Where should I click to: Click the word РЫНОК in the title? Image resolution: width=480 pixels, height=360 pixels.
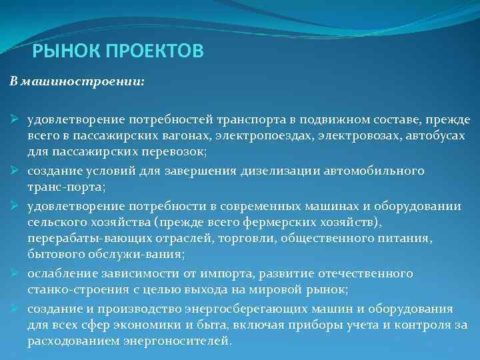coord(58,51)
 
